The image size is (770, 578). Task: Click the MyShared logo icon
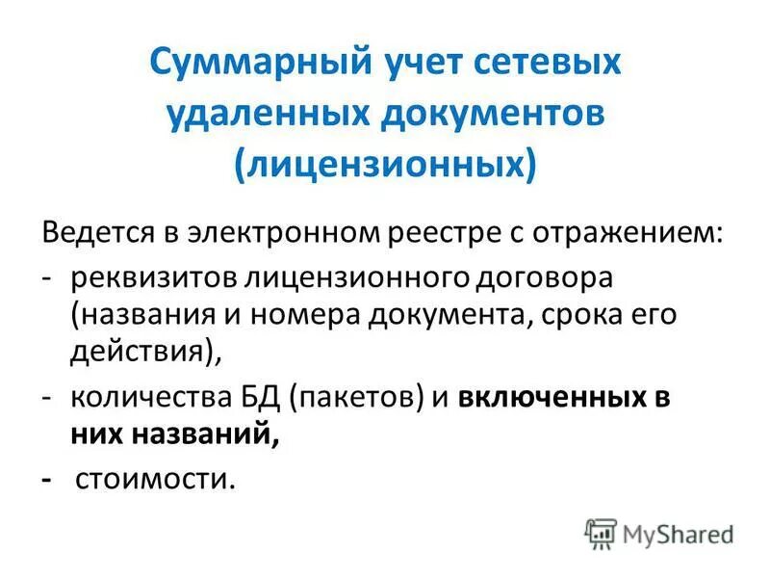(601, 534)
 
